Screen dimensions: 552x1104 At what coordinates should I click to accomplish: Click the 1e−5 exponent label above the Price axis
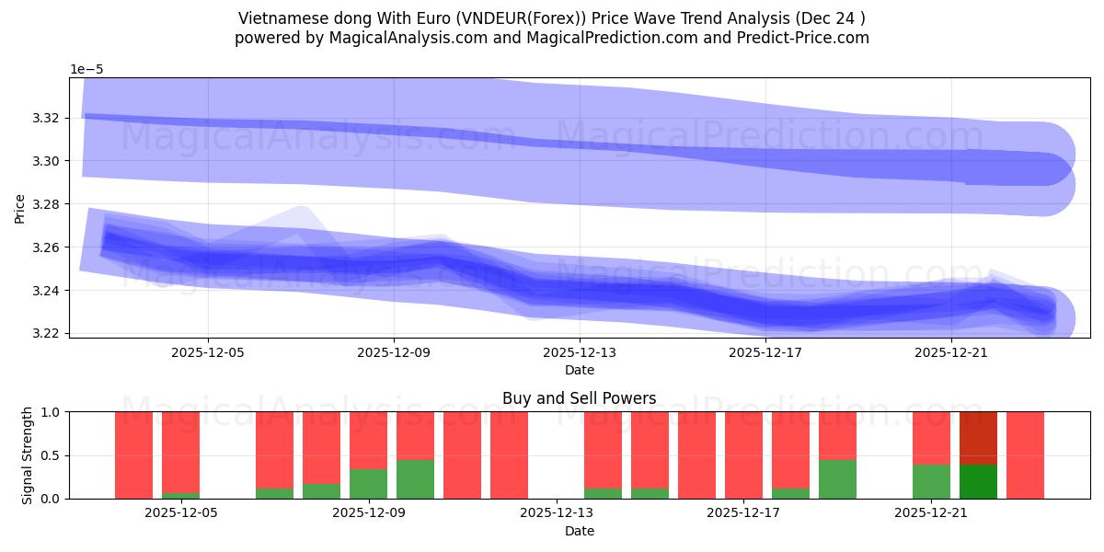(86, 69)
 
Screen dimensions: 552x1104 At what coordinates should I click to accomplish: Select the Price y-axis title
(19, 208)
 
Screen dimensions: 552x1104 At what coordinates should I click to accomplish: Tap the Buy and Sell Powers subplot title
(579, 398)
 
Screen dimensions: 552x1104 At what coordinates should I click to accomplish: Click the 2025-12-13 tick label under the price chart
(579, 351)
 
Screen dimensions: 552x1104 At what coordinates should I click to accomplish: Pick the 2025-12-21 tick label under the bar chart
(932, 513)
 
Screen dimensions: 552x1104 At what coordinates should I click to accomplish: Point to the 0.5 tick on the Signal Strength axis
(52, 455)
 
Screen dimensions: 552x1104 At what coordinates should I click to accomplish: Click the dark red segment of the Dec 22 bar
(978, 438)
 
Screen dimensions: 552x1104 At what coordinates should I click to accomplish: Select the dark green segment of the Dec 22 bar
(978, 481)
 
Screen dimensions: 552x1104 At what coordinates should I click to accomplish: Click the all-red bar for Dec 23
(1025, 455)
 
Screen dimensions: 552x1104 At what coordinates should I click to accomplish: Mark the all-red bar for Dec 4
(133, 455)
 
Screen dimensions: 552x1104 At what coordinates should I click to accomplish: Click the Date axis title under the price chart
(579, 370)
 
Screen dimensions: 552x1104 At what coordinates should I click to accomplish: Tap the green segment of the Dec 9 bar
(368, 484)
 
